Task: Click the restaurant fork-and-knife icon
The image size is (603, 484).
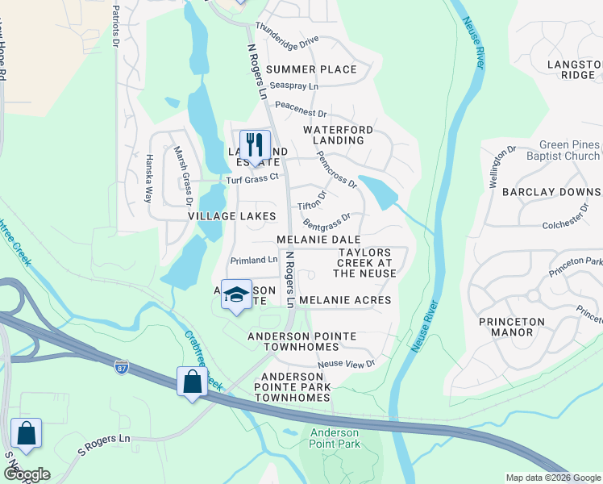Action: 255,145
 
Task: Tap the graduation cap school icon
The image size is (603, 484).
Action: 236,294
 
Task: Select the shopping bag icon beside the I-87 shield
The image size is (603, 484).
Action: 193,381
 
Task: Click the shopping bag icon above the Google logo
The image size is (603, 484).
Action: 26,433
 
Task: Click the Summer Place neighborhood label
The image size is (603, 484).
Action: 311,69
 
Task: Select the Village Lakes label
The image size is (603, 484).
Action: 232,216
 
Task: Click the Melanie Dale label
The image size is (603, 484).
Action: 318,240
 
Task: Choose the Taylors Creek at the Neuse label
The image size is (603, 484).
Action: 365,263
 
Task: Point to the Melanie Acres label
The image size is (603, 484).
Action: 345,300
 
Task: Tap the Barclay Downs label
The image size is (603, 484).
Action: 551,192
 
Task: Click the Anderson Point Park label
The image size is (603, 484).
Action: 335,438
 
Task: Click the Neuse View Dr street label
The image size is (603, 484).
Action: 347,364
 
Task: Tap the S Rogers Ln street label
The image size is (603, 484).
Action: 104,446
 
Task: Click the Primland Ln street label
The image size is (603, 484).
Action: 253,261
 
